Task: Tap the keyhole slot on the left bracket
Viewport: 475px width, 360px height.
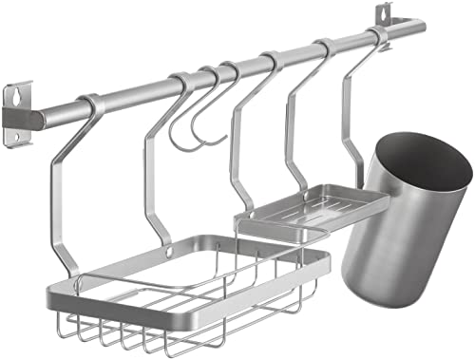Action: click(x=16, y=96)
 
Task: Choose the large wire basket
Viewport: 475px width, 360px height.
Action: click(x=190, y=285)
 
